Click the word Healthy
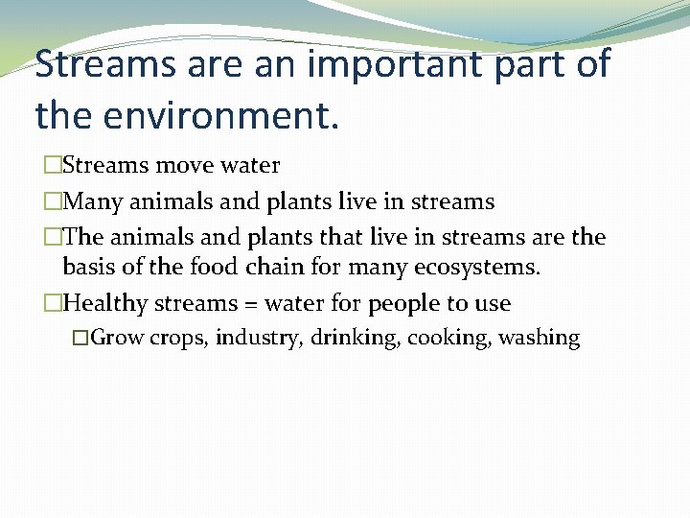coord(104,303)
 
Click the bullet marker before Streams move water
coord(52,166)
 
